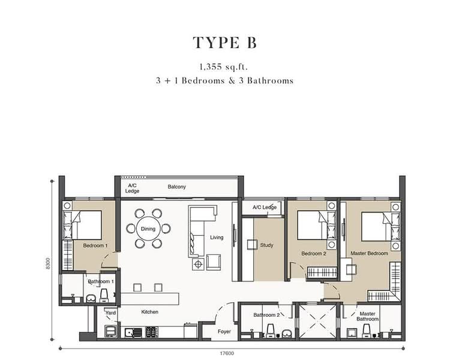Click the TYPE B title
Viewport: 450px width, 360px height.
point(225,43)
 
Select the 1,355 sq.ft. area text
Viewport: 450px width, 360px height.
point(224,67)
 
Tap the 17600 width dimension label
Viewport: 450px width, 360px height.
point(227,353)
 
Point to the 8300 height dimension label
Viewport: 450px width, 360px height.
point(48,263)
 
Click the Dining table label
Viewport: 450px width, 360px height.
point(148,229)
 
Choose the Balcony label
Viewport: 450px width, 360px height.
point(177,187)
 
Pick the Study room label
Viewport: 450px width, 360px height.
point(266,245)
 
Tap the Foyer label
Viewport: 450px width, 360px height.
point(224,332)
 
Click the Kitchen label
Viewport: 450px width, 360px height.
point(150,312)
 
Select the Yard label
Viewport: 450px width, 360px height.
point(110,313)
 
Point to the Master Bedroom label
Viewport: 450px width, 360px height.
point(369,253)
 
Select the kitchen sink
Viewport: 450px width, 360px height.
point(133,332)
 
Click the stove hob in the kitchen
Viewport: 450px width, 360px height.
point(152,332)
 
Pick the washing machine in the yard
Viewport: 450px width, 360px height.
point(111,331)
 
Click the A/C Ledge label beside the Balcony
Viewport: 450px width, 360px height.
point(132,188)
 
